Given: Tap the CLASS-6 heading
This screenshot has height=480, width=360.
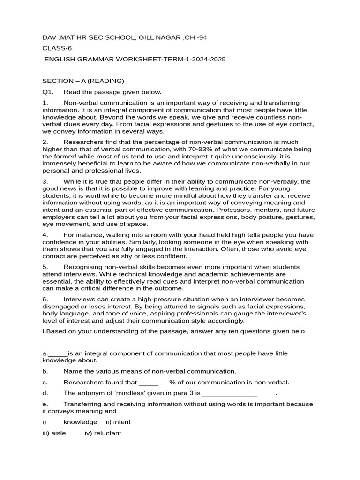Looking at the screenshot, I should (x=57, y=48).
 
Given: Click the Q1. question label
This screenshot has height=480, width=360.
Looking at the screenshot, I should (x=48, y=92).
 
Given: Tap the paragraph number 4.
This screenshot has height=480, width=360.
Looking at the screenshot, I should (x=45, y=235).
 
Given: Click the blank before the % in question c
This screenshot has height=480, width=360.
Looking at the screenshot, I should (x=149, y=382).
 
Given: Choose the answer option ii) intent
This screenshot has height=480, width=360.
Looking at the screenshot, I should (x=118, y=422).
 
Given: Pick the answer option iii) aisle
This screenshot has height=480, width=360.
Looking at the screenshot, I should (x=54, y=433).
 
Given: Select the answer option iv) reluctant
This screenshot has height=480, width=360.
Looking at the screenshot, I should (x=103, y=433).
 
